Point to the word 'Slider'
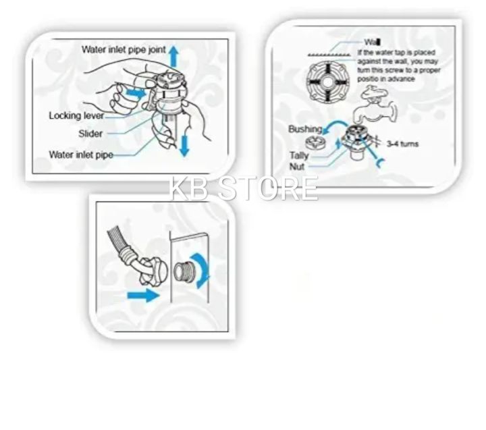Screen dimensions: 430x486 90,134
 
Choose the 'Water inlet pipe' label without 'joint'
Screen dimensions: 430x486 80,155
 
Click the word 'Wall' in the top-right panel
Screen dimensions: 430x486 371,42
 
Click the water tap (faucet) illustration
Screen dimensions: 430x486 373,109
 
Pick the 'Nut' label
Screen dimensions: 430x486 297,166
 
